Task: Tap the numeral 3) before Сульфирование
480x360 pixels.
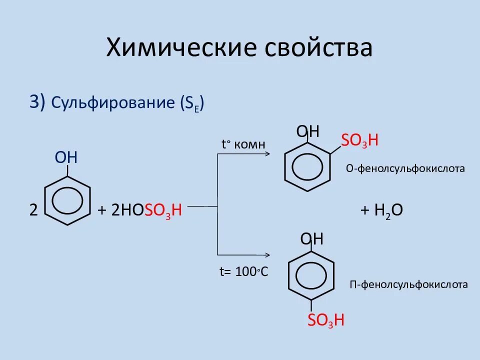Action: (x=37, y=102)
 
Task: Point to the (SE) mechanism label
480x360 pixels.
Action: (x=192, y=103)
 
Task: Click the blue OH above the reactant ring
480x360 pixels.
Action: (x=66, y=158)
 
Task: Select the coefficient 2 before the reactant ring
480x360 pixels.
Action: (x=33, y=210)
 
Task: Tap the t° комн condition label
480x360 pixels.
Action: (x=243, y=144)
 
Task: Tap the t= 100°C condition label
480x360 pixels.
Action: (x=244, y=272)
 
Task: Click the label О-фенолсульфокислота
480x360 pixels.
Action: (x=405, y=168)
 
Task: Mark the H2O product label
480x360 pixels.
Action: (x=381, y=211)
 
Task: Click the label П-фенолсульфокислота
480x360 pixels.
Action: (x=408, y=284)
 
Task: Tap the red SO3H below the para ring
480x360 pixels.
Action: (x=326, y=320)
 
